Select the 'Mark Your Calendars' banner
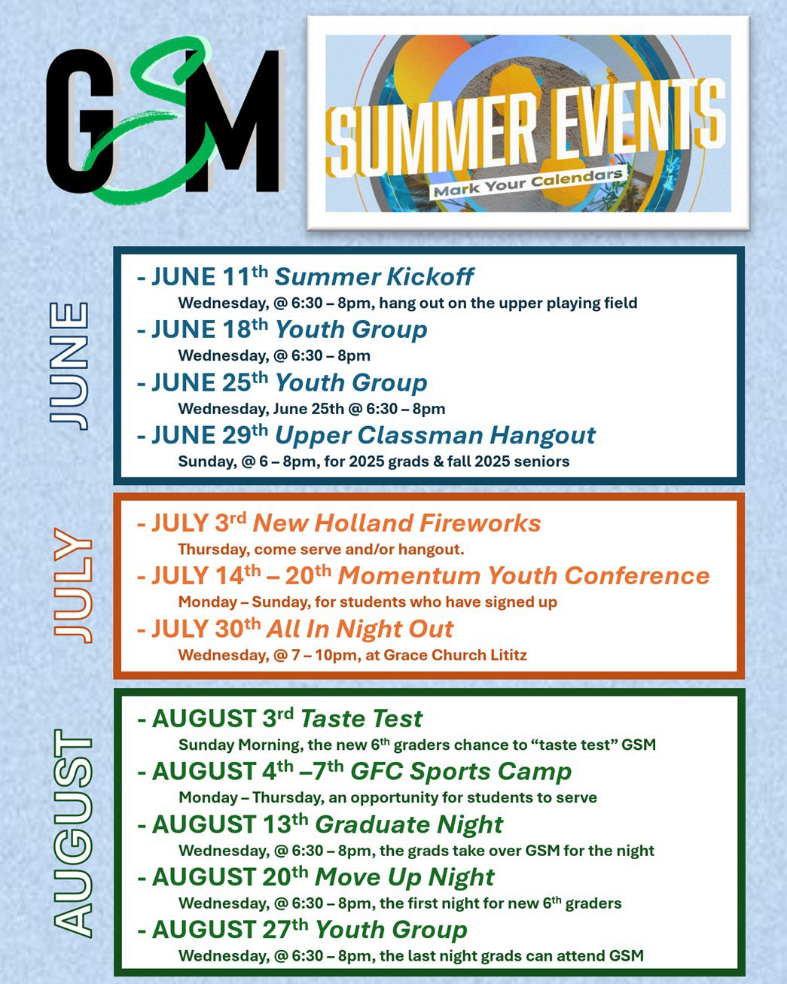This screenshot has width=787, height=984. click(x=528, y=182)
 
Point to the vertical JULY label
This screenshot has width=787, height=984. click(x=73, y=586)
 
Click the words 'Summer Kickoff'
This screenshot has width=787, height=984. click(x=374, y=277)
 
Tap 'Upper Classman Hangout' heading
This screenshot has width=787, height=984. click(x=435, y=436)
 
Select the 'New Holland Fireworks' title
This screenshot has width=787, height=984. click(x=397, y=523)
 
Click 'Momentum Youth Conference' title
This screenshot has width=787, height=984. click(x=524, y=576)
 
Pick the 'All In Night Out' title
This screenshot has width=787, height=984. click(x=360, y=629)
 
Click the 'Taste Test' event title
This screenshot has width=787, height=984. click(x=361, y=719)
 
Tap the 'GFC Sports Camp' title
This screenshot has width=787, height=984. click(x=461, y=772)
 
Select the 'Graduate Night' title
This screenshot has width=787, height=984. click(x=410, y=825)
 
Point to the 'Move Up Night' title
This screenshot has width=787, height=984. click(x=405, y=877)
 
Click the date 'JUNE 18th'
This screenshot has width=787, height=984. click(x=209, y=329)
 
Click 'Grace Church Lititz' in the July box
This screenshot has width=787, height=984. click(x=456, y=655)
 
